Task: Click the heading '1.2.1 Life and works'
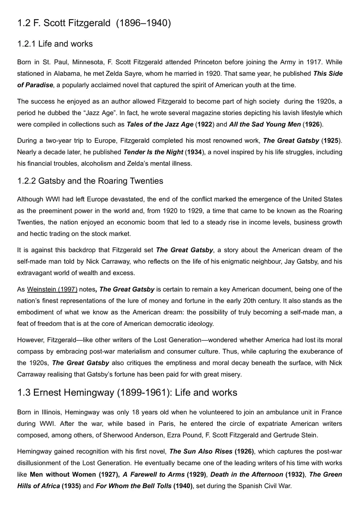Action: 55,44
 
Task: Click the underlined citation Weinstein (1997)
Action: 52,289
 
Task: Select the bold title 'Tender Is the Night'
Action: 153,152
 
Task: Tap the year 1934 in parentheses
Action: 193,152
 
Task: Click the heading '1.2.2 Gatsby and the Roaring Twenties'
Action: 90,181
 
